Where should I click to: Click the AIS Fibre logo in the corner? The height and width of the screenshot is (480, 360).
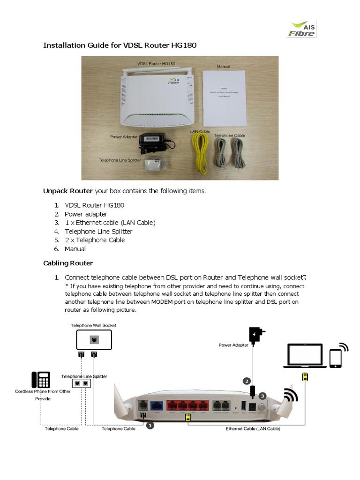301,29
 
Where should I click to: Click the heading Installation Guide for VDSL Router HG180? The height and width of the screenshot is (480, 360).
120,45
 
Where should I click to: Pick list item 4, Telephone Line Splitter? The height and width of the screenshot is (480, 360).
98,232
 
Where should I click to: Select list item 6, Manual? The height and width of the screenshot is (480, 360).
75,249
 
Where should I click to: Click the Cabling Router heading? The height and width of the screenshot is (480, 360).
68,263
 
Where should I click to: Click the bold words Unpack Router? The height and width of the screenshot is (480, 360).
68,191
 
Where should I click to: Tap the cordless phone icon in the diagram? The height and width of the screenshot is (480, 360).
41,380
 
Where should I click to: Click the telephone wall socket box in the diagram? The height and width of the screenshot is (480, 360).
94,340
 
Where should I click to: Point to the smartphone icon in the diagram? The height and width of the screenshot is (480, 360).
336,358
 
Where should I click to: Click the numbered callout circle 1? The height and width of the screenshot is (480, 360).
150,426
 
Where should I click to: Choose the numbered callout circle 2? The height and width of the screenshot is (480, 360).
247,381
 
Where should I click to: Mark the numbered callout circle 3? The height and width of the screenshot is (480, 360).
262,396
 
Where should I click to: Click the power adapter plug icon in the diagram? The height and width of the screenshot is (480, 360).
255,335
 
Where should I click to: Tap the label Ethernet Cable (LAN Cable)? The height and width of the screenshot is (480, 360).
253,429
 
